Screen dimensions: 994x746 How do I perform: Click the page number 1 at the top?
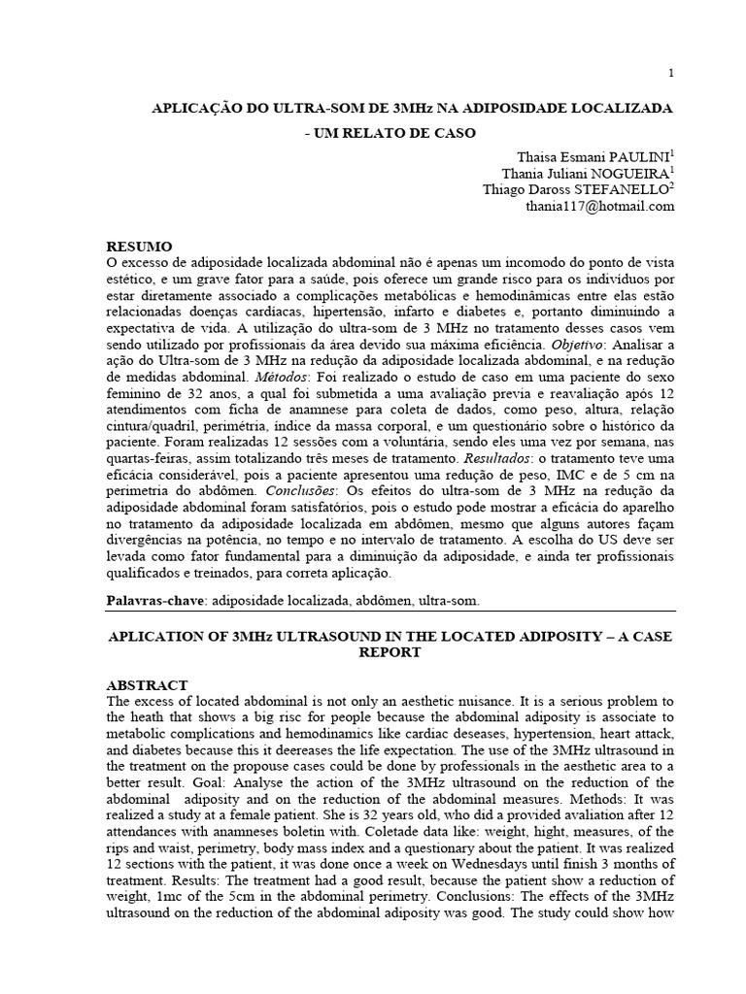pos(671,74)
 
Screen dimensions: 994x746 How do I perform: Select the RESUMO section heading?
pos(140,247)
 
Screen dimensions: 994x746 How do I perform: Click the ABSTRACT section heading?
pos(147,684)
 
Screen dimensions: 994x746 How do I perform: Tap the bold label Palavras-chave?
pos(155,602)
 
